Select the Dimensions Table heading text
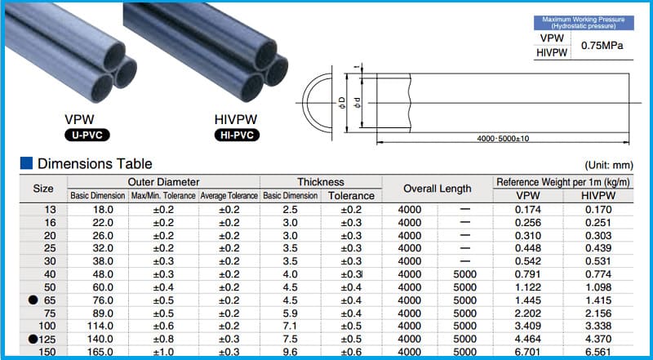coord(95,163)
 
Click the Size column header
coord(42,189)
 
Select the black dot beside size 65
coord(33,300)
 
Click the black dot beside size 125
coord(33,338)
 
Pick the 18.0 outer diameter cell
coord(97,210)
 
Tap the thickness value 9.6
coord(288,352)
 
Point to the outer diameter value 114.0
coord(97,326)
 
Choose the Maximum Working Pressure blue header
coord(581,22)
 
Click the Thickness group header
coord(320,181)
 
